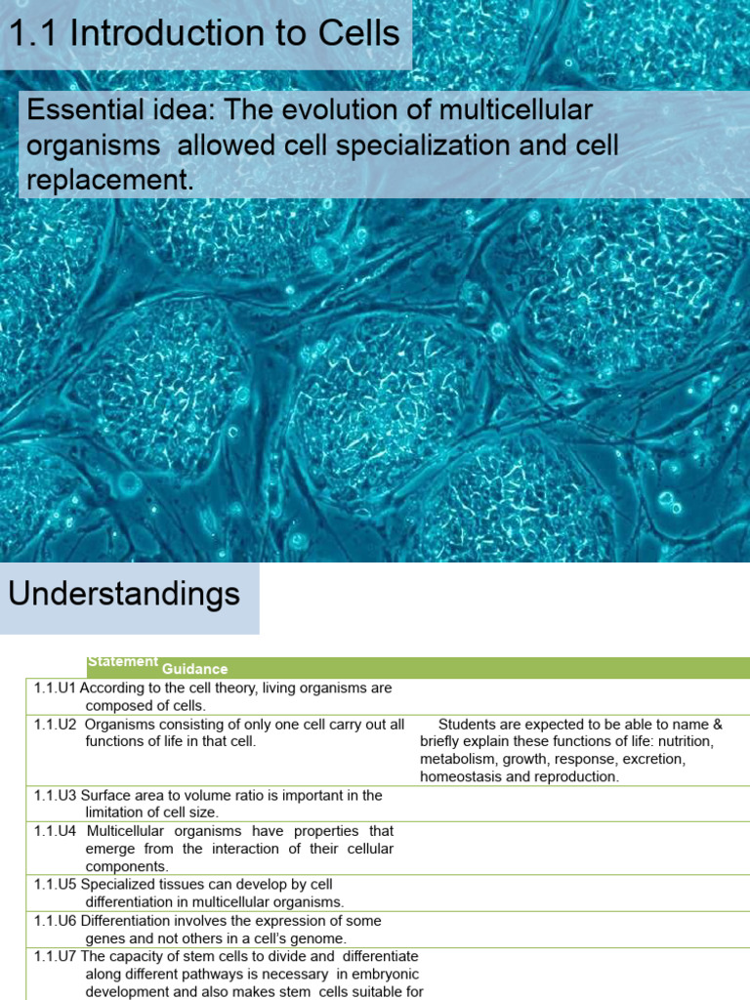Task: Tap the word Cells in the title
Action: tap(355, 34)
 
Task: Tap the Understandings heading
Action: tap(124, 594)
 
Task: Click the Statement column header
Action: tap(123, 661)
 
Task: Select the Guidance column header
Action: tap(195, 669)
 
